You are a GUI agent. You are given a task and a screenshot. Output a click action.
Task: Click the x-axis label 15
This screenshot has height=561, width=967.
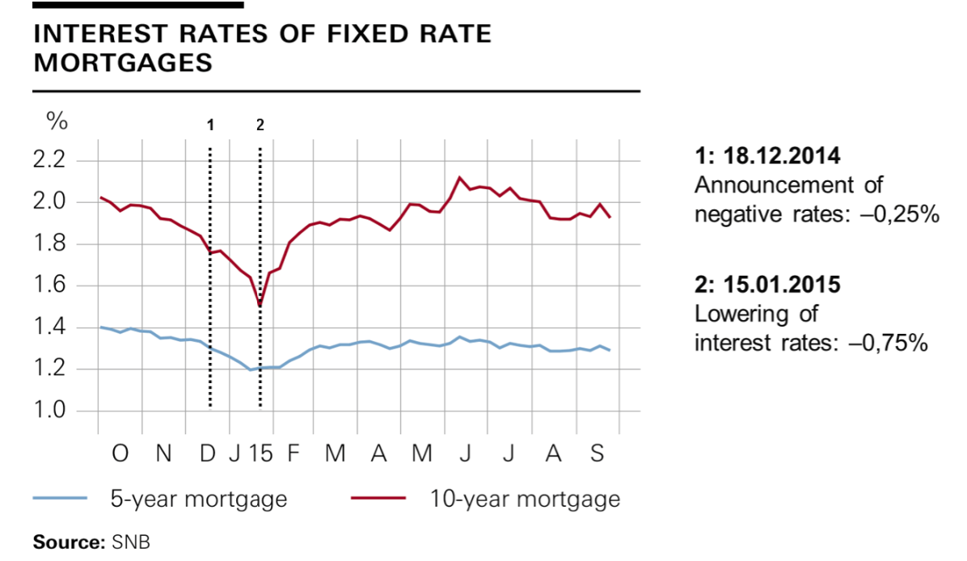click(x=260, y=454)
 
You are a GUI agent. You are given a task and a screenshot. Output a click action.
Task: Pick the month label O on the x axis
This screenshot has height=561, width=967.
click(x=120, y=454)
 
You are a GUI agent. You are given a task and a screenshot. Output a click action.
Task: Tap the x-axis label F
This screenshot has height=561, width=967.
click(x=293, y=454)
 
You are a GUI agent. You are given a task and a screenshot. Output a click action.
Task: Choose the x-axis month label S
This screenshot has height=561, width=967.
click(x=597, y=454)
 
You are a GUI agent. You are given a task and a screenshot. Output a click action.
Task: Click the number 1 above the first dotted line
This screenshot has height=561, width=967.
click(x=210, y=125)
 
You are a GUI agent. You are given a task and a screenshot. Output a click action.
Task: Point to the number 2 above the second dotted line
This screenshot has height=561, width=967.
click(x=260, y=125)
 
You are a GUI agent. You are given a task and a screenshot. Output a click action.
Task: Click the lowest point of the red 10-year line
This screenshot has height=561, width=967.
click(x=260, y=306)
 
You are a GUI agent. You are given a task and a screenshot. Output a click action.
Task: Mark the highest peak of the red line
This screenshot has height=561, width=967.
click(x=459, y=177)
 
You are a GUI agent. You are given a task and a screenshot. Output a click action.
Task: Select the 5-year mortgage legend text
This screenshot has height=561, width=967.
click(x=198, y=499)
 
